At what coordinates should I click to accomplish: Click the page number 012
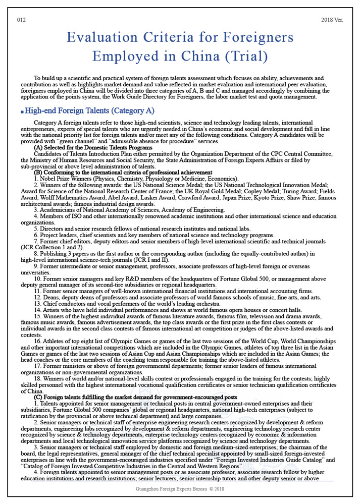[x=21, y=20]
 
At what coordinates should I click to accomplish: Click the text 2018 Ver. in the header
[x=331, y=20]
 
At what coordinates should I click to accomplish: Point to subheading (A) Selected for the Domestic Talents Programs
[x=93, y=148]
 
